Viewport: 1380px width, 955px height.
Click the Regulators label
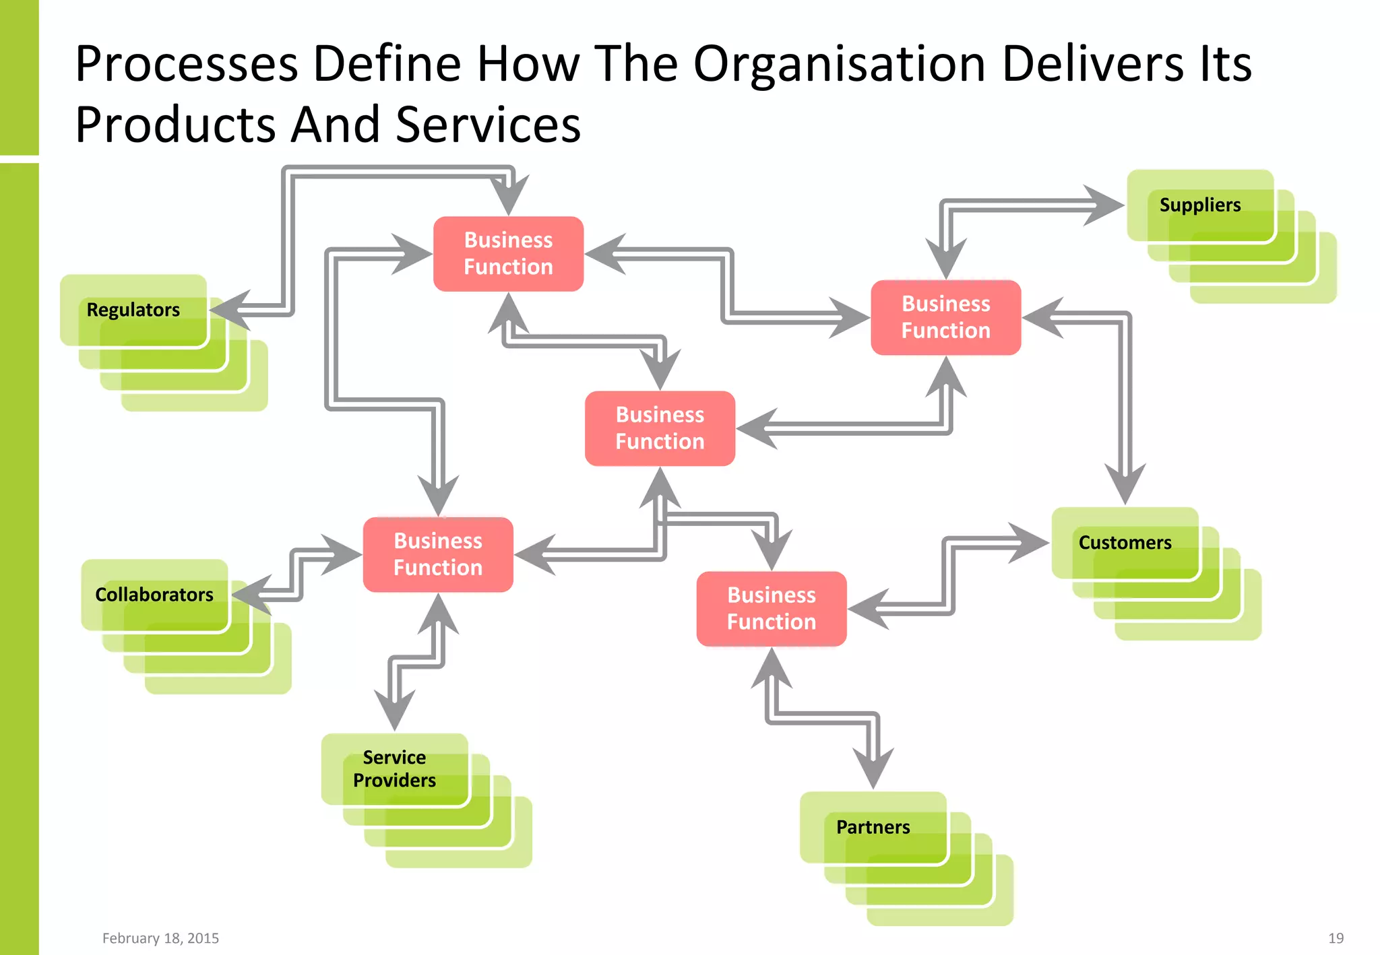click(133, 310)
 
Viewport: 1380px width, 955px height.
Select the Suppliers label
click(1199, 205)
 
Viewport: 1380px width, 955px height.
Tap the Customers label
click(1125, 542)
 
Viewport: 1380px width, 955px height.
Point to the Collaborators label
click(154, 595)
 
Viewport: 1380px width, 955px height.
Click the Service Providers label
click(394, 768)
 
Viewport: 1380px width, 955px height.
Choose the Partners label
click(873, 827)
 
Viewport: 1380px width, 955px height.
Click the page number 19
click(1336, 938)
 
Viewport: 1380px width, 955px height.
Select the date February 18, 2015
click(160, 938)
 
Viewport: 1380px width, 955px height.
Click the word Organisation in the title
click(840, 64)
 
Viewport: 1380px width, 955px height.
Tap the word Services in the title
click(488, 125)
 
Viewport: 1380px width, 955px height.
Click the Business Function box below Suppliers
click(945, 317)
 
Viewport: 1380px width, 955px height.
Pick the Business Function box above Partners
click(771, 609)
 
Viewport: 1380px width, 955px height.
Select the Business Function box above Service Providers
click(438, 554)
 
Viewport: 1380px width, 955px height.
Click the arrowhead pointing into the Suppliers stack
click(1105, 205)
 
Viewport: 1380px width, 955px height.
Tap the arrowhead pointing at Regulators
click(229, 310)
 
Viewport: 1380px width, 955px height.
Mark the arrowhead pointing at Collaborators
click(251, 595)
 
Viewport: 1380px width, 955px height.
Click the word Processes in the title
click(187, 64)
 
